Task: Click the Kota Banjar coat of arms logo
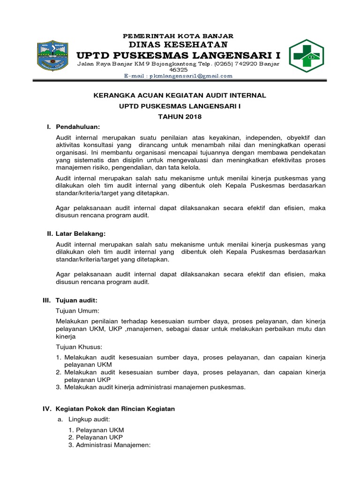click(53, 55)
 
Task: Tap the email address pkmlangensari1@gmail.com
click(178, 76)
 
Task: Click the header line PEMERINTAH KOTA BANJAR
click(178, 36)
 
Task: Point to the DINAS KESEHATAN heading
click(178, 45)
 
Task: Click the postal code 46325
click(178, 69)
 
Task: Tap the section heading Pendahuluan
click(78, 127)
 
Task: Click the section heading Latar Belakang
click(81, 233)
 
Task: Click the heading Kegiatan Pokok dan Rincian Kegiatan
click(115, 409)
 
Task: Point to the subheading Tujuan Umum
click(78, 310)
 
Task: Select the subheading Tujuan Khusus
click(79, 347)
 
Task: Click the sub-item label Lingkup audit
click(89, 419)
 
